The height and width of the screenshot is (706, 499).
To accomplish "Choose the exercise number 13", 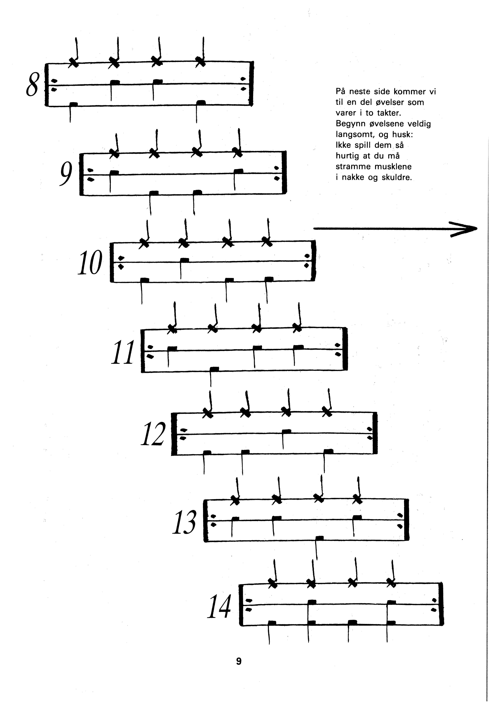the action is tap(184, 522).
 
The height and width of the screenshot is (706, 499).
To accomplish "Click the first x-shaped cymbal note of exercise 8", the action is tap(73, 62).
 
